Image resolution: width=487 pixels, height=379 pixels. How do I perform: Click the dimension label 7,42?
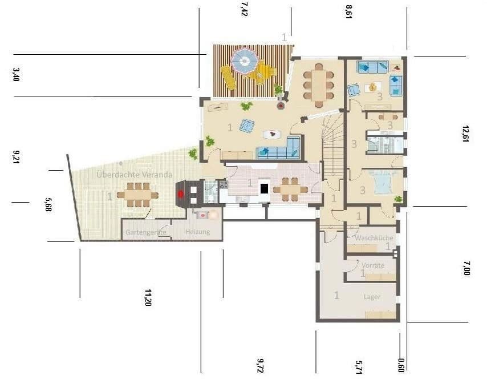245,10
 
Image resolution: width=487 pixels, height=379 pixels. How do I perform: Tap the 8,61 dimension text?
348,11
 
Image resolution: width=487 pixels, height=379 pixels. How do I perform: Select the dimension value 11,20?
148,298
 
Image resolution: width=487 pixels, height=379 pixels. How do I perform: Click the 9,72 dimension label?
261,366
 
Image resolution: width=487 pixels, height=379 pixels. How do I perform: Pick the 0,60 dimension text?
401,364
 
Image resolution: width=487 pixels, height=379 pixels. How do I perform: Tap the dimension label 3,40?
16,74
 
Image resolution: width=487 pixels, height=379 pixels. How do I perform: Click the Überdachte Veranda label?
134,175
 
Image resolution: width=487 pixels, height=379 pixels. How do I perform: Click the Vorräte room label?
373,265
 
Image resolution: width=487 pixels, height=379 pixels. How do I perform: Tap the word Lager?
372,296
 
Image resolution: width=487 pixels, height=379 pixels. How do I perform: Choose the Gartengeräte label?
146,232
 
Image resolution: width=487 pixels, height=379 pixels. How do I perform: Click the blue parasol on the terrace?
245,60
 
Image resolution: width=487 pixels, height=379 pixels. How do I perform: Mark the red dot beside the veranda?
181,193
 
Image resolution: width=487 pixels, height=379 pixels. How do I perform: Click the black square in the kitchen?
264,188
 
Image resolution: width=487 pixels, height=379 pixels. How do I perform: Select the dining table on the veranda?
137,195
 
